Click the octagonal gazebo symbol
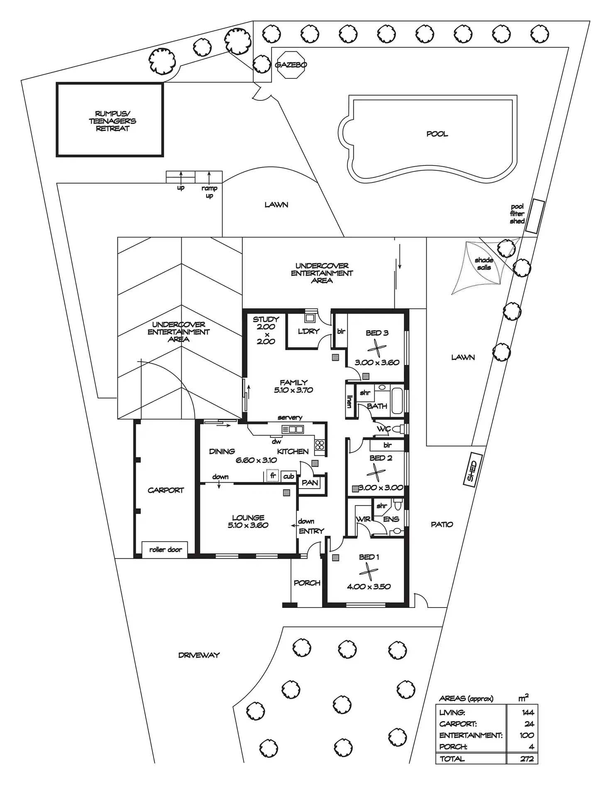(291, 64)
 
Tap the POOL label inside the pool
(437, 134)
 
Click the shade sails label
(484, 264)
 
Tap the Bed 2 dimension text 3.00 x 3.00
(381, 488)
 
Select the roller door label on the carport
(165, 549)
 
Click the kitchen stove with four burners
(320, 445)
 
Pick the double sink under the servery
(293, 429)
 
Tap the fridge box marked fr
(273, 476)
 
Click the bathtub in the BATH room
(397, 401)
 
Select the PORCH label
(307, 583)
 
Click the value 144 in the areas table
(528, 712)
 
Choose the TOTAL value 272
(527, 759)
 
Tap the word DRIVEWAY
(199, 655)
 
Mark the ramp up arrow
(209, 177)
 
